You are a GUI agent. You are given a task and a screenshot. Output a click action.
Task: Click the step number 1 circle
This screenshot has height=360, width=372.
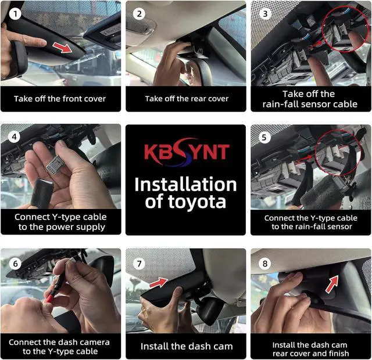coord(15,14)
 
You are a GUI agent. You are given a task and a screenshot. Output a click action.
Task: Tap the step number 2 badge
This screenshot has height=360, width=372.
coord(139,14)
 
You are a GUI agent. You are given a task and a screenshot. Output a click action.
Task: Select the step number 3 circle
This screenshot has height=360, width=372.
coord(265,14)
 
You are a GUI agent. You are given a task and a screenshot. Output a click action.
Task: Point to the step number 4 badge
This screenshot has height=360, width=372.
coord(14,137)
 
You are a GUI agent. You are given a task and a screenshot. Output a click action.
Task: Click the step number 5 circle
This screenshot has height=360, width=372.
coord(264,137)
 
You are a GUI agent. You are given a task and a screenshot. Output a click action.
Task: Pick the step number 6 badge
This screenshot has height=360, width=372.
coord(16,264)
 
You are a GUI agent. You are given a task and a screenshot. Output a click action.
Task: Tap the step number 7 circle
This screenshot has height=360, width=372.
coord(139,264)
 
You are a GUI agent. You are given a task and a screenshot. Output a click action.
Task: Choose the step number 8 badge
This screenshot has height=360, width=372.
coord(265,264)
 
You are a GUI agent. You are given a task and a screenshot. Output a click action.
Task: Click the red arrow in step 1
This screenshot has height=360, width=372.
coord(62,48)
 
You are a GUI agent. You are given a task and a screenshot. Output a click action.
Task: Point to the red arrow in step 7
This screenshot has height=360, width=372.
coord(159,282)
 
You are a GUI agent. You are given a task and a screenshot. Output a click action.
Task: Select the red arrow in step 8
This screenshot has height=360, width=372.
coord(332,284)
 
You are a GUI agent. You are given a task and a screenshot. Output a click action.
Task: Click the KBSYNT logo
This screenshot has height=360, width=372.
coord(187,152)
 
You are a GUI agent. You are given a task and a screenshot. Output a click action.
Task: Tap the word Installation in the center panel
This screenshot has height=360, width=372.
coord(185,185)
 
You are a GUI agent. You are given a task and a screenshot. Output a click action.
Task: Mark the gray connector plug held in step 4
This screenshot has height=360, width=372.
coord(53,165)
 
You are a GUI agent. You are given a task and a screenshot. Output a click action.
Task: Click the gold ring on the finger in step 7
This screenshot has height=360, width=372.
coord(144,310)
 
